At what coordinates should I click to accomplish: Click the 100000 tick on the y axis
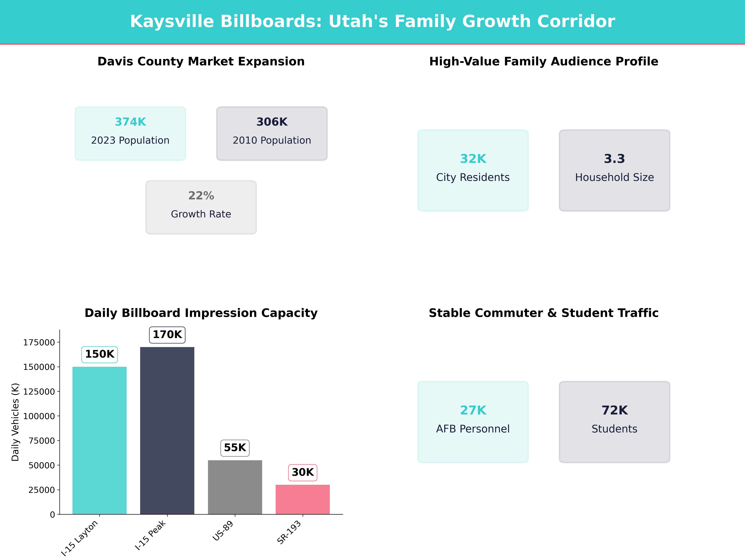click(x=39, y=416)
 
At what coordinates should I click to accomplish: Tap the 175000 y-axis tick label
click(x=39, y=342)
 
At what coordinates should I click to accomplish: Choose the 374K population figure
click(x=130, y=122)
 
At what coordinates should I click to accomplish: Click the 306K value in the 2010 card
click(x=272, y=122)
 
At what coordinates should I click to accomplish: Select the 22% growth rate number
click(x=201, y=196)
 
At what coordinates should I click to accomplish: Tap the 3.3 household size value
click(x=614, y=159)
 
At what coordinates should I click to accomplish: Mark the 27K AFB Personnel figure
click(x=473, y=410)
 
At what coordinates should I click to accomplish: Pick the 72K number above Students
click(x=614, y=410)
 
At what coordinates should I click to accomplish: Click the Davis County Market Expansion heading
click(x=201, y=62)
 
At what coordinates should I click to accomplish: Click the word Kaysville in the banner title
click(x=172, y=22)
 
